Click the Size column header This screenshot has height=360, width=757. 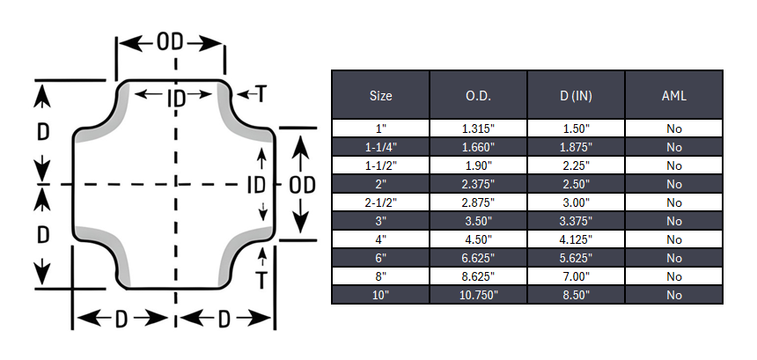tap(380, 96)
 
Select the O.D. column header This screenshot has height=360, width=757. tap(478, 96)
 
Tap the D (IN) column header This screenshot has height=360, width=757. tap(576, 96)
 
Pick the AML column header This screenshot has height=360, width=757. tap(674, 96)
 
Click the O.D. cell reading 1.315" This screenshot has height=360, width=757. tap(478, 129)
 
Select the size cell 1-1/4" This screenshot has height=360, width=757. tap(380, 147)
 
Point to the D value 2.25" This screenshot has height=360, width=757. tap(576, 165)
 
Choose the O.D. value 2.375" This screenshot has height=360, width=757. tap(478, 184)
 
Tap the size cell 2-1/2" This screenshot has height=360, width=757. tap(380, 202)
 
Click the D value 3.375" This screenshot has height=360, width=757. tap(576, 221)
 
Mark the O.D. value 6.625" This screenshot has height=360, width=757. tap(478, 258)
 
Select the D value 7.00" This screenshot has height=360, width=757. tap(576, 276)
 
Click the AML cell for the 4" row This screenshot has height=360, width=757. tap(674, 239)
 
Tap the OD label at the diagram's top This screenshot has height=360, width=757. tap(170, 42)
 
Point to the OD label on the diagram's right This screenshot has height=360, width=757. tap(302, 185)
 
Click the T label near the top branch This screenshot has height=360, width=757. tap(261, 93)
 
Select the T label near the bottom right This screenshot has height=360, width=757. tap(261, 280)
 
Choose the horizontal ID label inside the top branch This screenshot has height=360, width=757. tap(177, 99)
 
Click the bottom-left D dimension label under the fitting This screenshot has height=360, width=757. tap(121, 319)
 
